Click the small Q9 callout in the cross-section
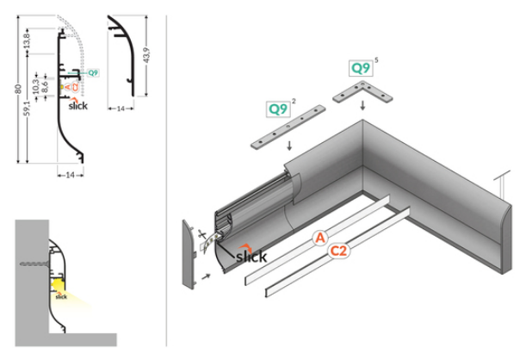[x=93, y=73]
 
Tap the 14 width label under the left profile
[x=72, y=175]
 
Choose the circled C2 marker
[x=337, y=251]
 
